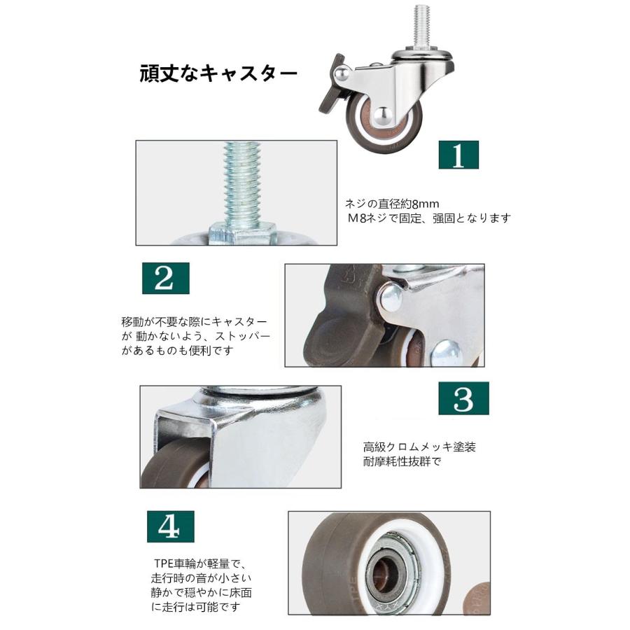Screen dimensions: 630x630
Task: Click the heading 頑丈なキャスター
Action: point(218,73)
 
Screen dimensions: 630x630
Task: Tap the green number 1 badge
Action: point(458,155)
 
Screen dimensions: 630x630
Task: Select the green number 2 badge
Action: point(165,278)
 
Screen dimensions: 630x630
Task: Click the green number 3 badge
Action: point(463,398)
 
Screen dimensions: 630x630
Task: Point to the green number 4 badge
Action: point(170,526)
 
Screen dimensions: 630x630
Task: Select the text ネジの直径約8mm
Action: point(392,204)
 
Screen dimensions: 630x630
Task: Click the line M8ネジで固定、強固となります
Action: point(429,218)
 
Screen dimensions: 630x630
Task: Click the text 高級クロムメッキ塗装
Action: point(419,447)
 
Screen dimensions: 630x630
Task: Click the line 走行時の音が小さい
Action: point(201,578)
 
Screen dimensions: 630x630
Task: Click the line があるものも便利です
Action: point(177,351)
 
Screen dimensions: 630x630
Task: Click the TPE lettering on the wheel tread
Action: point(352,591)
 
